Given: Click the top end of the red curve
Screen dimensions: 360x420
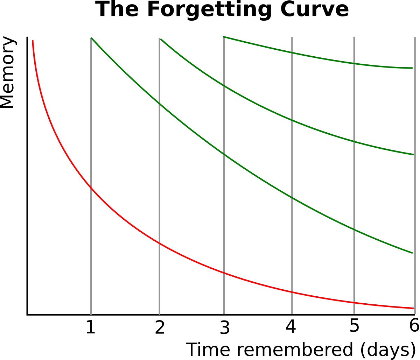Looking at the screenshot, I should coord(33,41).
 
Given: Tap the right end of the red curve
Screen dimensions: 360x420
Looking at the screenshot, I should coord(413,308).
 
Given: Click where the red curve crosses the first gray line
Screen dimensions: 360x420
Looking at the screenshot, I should coord(91,189).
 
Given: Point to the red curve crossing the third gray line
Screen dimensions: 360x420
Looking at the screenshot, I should coord(224,273).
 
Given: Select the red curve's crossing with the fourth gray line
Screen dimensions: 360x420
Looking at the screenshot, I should coord(292,292).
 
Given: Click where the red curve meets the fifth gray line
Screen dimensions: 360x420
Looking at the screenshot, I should coord(354,303).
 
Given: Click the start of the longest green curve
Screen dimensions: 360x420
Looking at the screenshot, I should coord(91,38).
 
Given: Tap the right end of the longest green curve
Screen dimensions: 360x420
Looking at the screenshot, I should coord(412,253).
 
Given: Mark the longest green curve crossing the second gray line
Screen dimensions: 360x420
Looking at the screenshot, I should coord(159,103).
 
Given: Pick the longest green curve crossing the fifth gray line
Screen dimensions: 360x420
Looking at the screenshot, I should coord(354,230).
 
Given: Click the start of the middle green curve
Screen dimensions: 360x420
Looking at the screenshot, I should coord(160,38).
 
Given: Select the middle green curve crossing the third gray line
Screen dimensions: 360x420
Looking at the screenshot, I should coord(224,86).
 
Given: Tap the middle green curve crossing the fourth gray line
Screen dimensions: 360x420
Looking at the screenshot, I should coord(292,120).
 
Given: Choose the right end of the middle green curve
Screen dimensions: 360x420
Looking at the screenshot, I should coord(413,154).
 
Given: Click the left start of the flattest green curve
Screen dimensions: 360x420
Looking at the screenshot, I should coord(224,36).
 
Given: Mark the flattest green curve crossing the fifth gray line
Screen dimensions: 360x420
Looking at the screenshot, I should coord(354,63).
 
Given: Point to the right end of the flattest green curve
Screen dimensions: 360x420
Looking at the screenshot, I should coord(412,68).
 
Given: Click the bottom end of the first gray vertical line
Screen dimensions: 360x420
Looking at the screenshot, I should coord(91,314).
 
